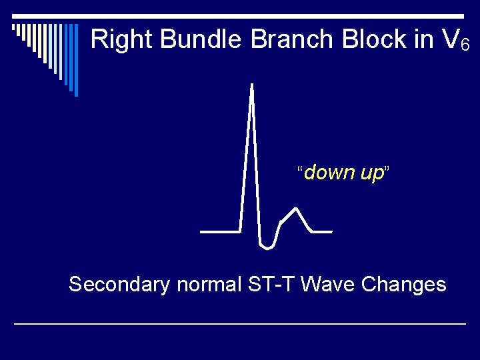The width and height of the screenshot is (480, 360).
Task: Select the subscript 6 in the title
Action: coord(465,45)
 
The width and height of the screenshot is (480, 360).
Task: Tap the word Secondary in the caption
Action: coord(119,285)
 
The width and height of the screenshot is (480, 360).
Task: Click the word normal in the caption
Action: coord(209,285)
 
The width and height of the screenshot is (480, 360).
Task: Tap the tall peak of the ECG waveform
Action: coord(251,85)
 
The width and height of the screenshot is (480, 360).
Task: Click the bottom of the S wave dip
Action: coord(267,247)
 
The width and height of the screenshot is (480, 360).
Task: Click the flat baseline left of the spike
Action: coord(220,231)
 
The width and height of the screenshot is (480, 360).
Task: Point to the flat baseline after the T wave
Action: coord(322,231)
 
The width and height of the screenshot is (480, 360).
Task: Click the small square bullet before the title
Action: coord(15,28)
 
